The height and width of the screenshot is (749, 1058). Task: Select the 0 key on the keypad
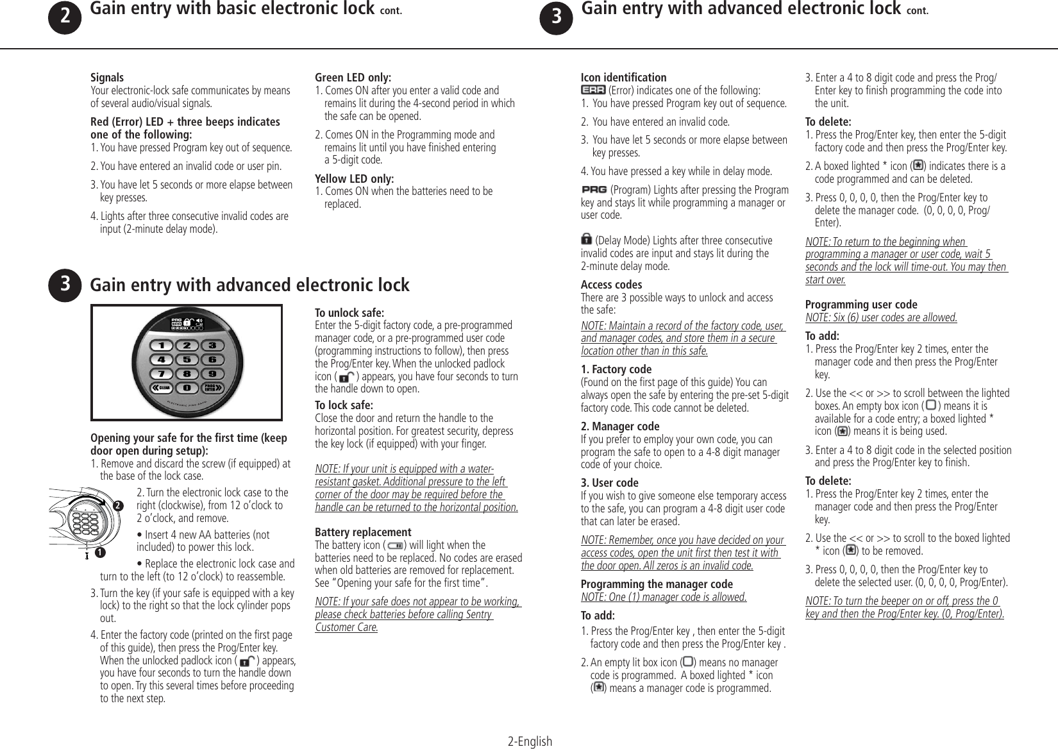point(187,388)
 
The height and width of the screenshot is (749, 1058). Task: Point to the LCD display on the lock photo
point(187,323)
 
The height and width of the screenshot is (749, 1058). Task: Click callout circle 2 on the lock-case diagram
point(117,506)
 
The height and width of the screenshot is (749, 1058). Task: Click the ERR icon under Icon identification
point(592,90)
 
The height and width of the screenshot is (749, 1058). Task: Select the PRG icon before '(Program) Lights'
point(594,190)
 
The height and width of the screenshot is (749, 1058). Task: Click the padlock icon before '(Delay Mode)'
point(586,240)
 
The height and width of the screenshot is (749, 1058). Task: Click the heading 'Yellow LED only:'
point(355,178)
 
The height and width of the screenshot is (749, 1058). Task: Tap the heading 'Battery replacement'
point(363,532)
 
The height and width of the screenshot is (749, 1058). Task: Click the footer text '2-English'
point(529,742)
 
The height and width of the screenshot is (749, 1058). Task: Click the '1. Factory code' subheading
point(616,369)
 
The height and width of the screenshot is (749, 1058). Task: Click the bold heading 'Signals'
point(107,78)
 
